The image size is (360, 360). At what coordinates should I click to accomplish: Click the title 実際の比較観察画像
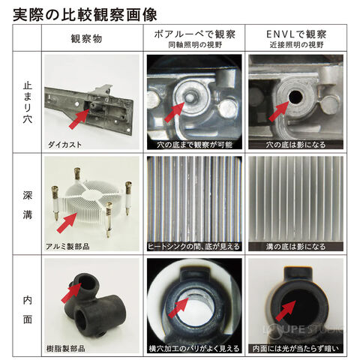point(85,14)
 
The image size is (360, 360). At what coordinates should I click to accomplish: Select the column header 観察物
point(86,39)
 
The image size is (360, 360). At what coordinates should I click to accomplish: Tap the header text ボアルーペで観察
point(195,34)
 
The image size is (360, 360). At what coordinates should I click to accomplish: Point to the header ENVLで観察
point(296,34)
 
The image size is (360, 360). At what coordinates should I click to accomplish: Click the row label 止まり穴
point(28,102)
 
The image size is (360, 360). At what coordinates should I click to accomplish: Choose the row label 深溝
point(28,205)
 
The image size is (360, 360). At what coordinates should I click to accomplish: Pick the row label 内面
point(28,310)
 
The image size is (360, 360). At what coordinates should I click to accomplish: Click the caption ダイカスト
point(64,145)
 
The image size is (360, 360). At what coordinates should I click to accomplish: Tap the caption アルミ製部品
point(67,246)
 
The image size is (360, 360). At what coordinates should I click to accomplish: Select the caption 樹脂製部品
point(66,348)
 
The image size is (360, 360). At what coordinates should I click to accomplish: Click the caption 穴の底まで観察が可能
point(195,145)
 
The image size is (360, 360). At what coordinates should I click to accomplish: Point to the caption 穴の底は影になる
point(296,145)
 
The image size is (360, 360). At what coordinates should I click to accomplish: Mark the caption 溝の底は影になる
point(296,247)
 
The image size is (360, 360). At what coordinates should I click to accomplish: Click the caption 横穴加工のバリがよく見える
point(194,349)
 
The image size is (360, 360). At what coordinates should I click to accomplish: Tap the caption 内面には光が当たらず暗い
point(296,349)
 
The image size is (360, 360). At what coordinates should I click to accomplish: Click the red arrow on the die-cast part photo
point(79,118)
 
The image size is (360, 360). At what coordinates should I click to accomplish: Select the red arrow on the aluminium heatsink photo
point(67,223)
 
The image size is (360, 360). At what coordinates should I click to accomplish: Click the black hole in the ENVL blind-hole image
point(295,98)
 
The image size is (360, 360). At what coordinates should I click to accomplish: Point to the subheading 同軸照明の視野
point(195,45)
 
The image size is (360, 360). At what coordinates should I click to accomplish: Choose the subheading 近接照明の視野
point(296,45)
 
